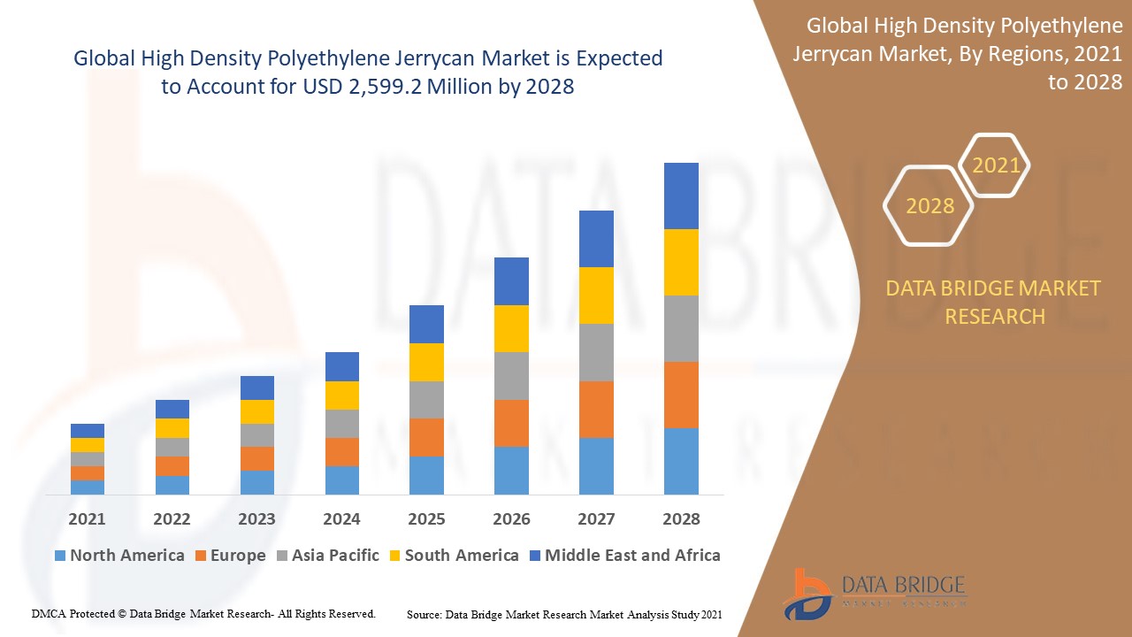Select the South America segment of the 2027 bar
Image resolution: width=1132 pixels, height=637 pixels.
click(x=596, y=295)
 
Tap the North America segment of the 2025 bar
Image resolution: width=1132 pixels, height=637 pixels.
click(x=426, y=475)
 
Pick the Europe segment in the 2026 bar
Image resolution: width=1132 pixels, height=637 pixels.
click(x=511, y=423)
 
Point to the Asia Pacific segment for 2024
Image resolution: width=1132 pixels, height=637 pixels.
click(x=342, y=424)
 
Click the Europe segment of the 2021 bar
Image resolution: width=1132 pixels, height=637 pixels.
click(x=88, y=473)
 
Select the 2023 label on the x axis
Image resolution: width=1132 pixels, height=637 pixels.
click(x=256, y=519)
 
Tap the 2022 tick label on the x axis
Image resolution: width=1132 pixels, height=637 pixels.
click(x=172, y=519)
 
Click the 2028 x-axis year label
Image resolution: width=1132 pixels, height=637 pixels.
click(x=681, y=519)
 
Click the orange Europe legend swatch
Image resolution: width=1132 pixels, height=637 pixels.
click(x=201, y=556)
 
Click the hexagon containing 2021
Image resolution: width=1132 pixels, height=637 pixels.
click(x=996, y=165)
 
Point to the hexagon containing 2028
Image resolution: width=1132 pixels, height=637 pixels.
click(x=929, y=206)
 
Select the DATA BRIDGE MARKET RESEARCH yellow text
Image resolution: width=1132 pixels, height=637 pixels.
click(x=994, y=302)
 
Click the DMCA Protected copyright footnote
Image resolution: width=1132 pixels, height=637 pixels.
click(x=203, y=613)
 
